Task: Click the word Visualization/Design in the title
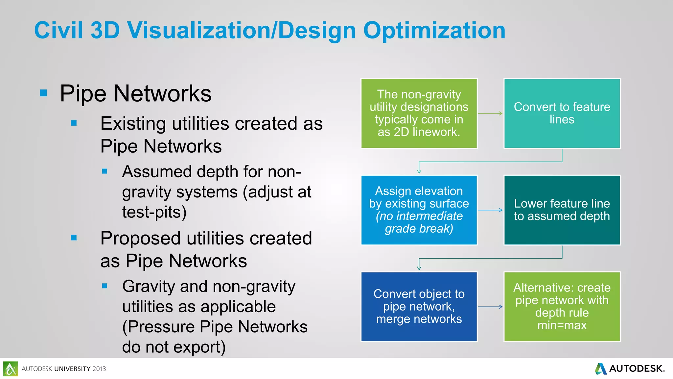[242, 31]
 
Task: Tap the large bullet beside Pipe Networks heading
[43, 93]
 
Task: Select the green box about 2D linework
[419, 113]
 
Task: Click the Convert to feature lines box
[562, 113]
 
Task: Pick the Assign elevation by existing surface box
[419, 210]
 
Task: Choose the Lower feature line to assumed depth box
[562, 210]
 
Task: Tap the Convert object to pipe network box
[419, 307]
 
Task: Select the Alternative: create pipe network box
[562, 307]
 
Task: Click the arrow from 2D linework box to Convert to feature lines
[490, 114]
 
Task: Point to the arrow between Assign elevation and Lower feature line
[490, 210]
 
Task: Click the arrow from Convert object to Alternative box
[490, 307]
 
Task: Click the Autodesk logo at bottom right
[630, 368]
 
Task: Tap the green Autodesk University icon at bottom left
[11, 369]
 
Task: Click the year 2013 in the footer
[99, 369]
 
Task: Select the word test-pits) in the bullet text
[154, 212]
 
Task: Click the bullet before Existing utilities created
[74, 123]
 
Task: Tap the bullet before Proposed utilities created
[74, 238]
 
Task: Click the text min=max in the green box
[562, 325]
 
